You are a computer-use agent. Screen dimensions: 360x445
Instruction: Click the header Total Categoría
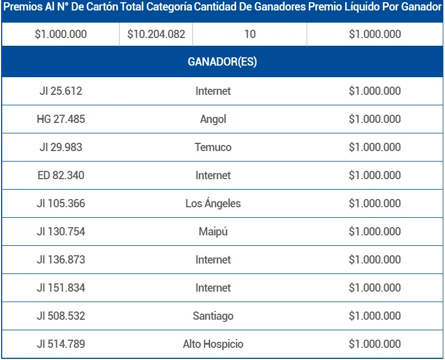click(x=156, y=8)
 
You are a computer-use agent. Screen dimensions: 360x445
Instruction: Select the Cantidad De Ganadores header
click(x=250, y=8)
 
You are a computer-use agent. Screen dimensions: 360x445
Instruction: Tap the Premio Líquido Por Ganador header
click(x=375, y=8)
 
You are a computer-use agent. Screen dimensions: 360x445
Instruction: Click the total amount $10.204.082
click(x=156, y=34)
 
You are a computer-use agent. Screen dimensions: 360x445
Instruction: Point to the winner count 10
click(x=250, y=34)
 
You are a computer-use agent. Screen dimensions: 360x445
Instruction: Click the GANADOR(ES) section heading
click(x=222, y=62)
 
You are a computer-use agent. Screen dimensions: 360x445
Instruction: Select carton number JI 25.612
click(x=61, y=91)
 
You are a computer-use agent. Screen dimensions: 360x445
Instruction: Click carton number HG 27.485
click(x=61, y=119)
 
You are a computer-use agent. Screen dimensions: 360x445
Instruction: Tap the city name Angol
click(x=213, y=119)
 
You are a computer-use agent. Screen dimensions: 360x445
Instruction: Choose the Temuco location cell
click(x=213, y=147)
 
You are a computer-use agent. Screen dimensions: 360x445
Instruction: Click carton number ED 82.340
click(x=61, y=175)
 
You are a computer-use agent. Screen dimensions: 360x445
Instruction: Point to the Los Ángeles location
click(x=213, y=203)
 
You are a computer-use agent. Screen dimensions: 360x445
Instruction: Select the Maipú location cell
click(x=213, y=232)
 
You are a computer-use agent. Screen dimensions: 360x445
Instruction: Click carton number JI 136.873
click(x=61, y=260)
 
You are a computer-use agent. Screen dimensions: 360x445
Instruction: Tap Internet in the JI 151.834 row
click(x=213, y=288)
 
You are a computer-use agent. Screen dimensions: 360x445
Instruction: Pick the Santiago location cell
click(x=213, y=316)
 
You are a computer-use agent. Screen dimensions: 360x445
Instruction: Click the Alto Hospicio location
click(x=213, y=344)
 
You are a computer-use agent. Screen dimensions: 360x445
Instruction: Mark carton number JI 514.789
click(x=61, y=344)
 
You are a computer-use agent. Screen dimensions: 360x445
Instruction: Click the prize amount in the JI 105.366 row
click(x=375, y=203)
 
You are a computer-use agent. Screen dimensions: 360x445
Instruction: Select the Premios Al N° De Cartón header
click(x=61, y=8)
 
